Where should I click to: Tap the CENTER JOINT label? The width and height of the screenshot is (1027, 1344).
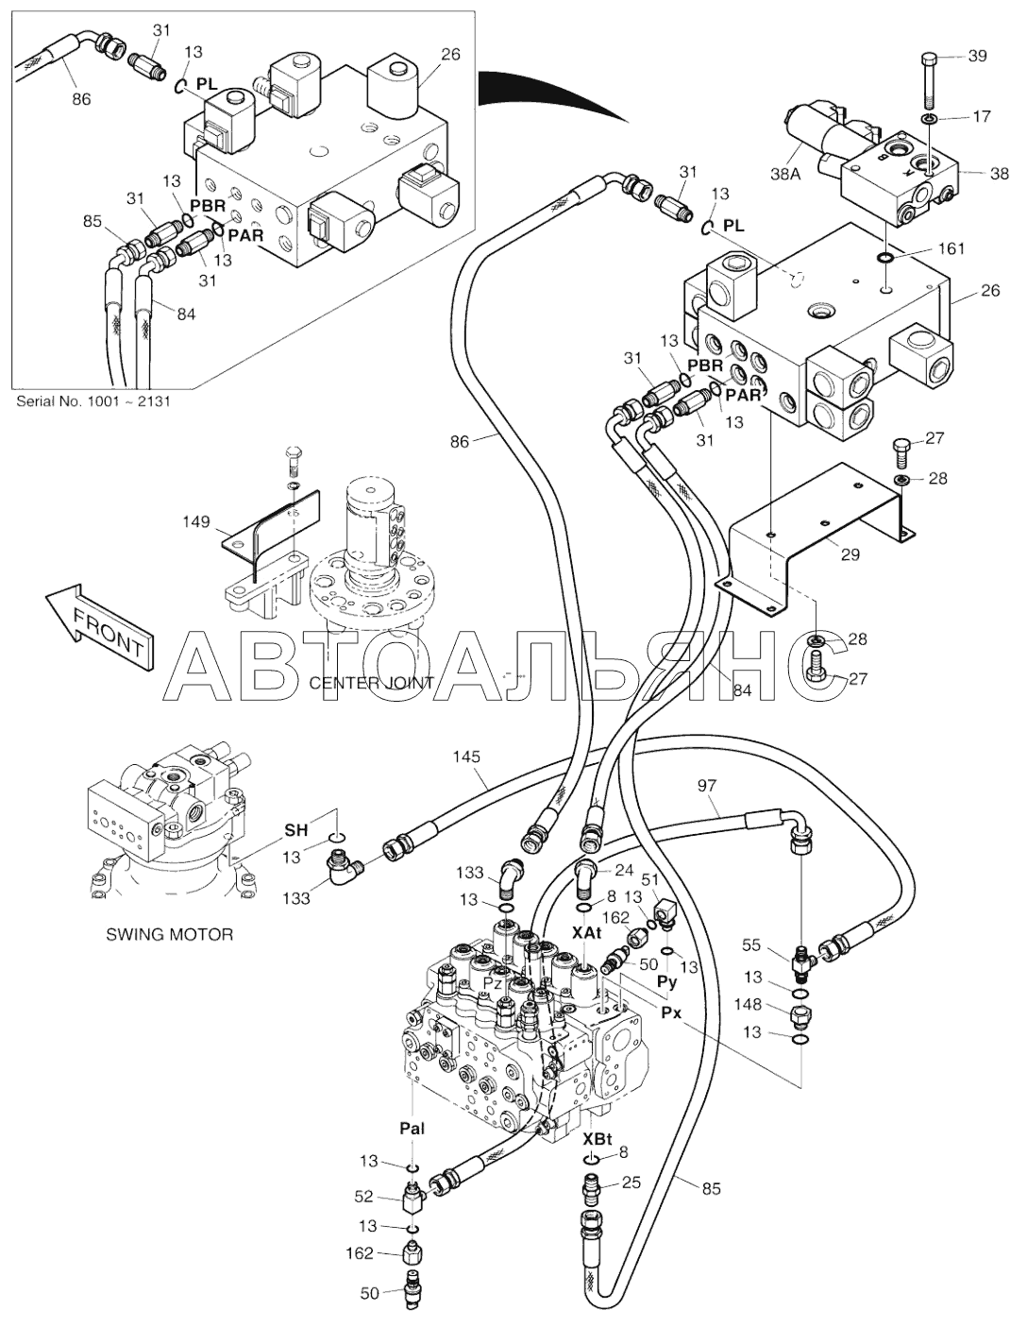372,683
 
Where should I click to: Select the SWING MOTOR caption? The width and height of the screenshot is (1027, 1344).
169,935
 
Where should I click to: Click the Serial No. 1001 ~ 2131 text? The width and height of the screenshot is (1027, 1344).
94,400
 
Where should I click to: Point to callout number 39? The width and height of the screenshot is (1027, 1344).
978,57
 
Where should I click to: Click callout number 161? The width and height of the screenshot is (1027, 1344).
951,248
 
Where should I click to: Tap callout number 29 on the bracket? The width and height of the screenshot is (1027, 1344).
850,554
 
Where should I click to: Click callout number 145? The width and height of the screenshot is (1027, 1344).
466,757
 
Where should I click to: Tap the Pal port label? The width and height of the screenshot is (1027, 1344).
412,1129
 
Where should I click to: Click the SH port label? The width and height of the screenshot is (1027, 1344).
296,830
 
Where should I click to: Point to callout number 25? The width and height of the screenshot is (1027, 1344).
631,1182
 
